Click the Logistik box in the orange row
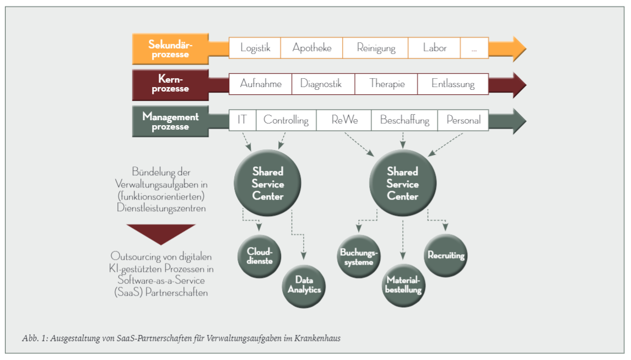point(255,48)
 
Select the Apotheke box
point(312,48)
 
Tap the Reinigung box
point(376,48)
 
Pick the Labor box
point(434,48)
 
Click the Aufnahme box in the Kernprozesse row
point(261,84)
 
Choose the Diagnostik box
point(323,84)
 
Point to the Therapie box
point(386,84)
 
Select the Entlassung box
point(452,84)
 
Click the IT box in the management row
point(242,120)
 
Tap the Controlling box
point(286,120)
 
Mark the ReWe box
point(344,120)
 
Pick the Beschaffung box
point(405,120)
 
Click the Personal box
point(463,120)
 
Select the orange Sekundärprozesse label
point(170,49)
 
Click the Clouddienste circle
point(260,256)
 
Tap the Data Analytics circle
point(303,285)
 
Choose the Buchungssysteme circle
point(359,256)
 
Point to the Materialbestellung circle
point(404,284)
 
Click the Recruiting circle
point(446,255)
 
